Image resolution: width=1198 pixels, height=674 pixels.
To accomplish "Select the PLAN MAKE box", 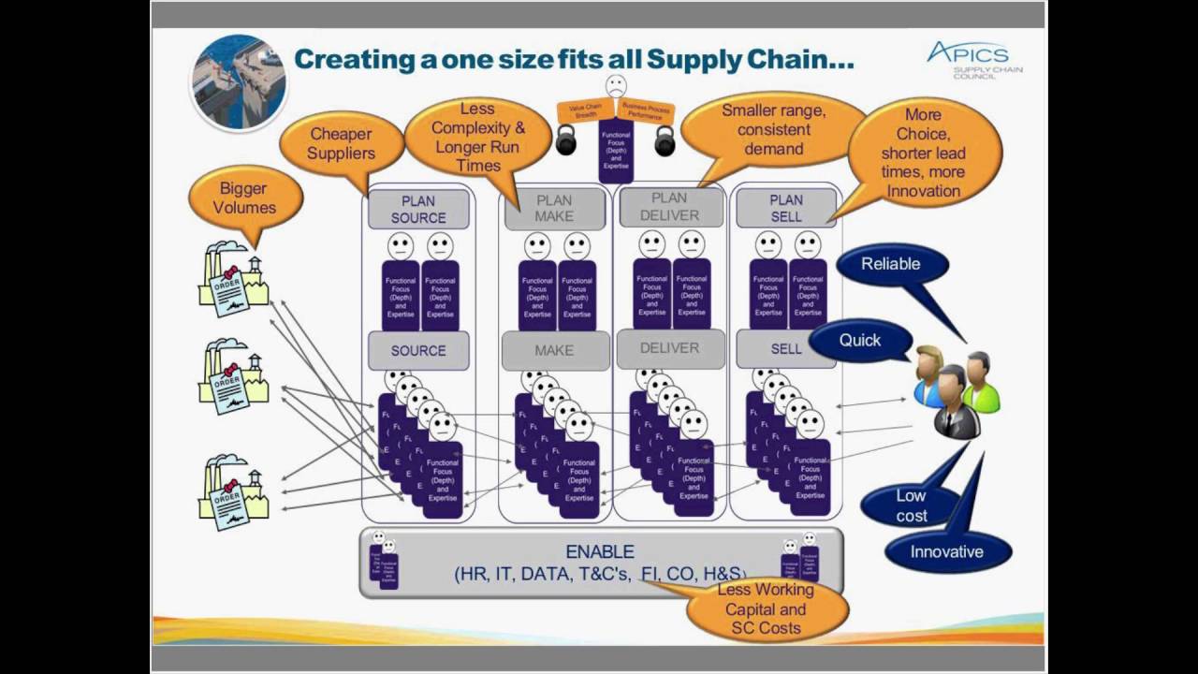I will (554, 209).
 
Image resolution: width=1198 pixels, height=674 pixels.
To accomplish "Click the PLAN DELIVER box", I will (670, 207).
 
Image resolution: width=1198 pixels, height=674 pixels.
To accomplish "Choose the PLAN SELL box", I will (786, 209).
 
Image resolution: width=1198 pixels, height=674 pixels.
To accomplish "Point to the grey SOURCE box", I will (418, 350).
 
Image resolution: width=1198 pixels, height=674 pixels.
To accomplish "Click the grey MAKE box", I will (554, 350).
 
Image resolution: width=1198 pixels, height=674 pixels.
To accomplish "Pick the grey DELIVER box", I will (670, 348).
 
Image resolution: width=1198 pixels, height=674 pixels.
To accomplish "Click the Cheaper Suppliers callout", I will (341, 144).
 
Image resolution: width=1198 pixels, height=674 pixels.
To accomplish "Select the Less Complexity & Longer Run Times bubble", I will (478, 138).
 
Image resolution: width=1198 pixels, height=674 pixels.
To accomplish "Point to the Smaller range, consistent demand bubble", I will (773, 130).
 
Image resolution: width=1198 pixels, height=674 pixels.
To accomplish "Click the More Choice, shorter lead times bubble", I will (924, 154).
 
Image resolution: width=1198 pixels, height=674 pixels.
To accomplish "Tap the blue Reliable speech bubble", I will (890, 264).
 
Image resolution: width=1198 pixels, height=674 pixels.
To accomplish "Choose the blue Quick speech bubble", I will (859, 341).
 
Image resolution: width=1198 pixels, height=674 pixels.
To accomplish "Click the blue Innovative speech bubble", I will (946, 551).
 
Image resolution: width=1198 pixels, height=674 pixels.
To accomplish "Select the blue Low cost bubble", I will (911, 505).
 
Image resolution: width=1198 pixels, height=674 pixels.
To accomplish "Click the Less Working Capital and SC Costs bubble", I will (767, 609).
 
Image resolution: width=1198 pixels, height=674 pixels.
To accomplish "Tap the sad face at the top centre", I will (615, 86).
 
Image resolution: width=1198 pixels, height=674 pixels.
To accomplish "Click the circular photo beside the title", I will (239, 82).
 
